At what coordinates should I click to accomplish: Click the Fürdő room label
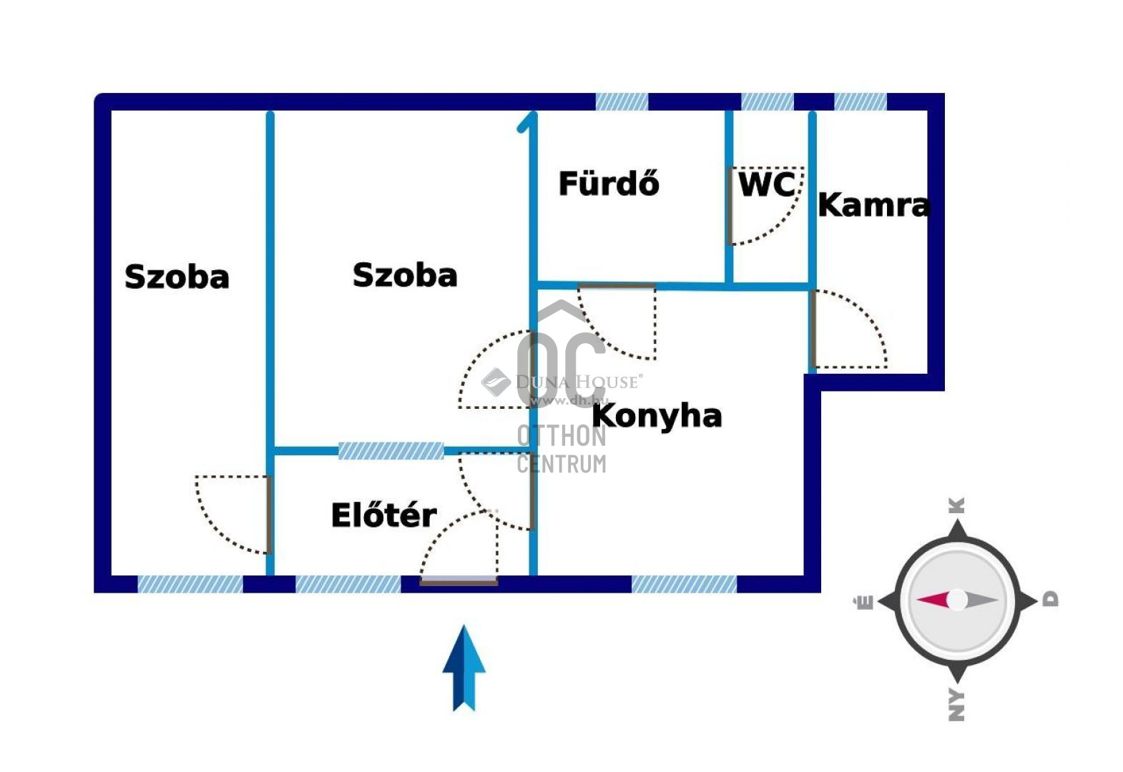click(x=609, y=184)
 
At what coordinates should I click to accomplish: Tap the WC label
click(x=766, y=184)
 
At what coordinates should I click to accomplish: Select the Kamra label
click(x=873, y=205)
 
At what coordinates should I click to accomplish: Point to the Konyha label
click(x=657, y=415)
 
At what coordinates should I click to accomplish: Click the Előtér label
click(x=383, y=515)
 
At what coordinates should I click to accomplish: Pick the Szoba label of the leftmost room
click(x=177, y=277)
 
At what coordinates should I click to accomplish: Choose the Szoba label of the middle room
click(x=405, y=275)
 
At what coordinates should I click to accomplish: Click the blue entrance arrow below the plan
click(x=464, y=668)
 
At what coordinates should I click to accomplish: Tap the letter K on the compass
click(x=956, y=505)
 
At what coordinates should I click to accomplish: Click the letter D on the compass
click(x=1049, y=599)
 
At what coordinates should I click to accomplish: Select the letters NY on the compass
click(x=956, y=705)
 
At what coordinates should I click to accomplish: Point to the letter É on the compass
click(x=865, y=602)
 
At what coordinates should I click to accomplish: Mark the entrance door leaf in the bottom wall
click(x=458, y=583)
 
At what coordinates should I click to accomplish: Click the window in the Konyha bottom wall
click(x=684, y=584)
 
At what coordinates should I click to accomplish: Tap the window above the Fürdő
click(x=622, y=102)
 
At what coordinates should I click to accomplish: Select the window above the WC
click(x=767, y=102)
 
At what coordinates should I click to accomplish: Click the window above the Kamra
click(x=860, y=102)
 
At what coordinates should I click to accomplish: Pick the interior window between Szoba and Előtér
click(x=391, y=450)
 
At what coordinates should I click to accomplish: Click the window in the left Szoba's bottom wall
click(x=190, y=584)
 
